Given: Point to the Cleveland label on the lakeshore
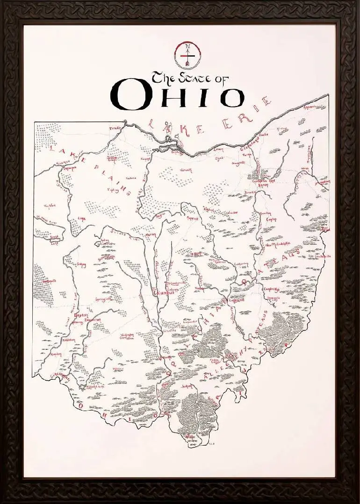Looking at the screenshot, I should (249, 148).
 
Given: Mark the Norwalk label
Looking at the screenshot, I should (186, 170).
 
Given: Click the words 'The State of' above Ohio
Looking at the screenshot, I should (189, 78).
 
